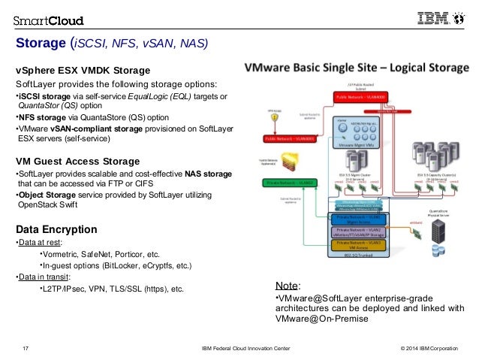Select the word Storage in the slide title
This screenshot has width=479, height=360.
(x=41, y=43)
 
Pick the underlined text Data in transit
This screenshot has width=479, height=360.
(x=45, y=277)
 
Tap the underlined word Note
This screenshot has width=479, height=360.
(x=287, y=286)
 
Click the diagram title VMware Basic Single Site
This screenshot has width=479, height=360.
(x=308, y=66)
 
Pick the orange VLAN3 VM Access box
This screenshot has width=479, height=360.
(x=357, y=246)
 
